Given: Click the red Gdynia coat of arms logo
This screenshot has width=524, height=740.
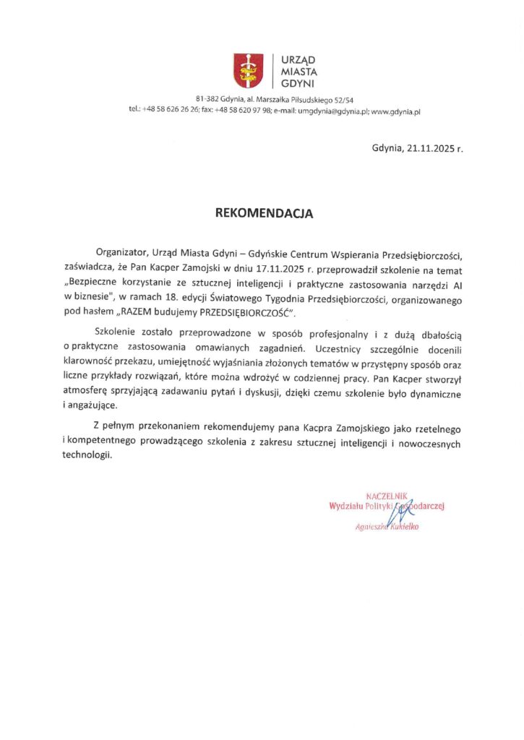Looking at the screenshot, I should (247, 70).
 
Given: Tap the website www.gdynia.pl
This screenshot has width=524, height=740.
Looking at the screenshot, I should (397, 111).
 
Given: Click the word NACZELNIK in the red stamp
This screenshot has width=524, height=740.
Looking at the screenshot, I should (388, 496).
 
